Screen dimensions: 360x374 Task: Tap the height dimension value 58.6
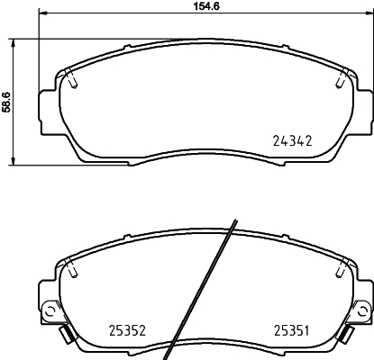[x=6, y=102]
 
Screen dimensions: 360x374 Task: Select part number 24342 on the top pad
[x=291, y=141]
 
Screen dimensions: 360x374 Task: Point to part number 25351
[x=292, y=331]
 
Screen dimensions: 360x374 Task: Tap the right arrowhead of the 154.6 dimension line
[x=368, y=17]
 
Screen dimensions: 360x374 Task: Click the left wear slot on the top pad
[x=73, y=82]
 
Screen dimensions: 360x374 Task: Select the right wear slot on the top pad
[x=339, y=82]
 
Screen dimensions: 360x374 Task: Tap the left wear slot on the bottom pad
[x=68, y=269]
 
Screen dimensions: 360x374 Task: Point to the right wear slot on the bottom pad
[x=343, y=269]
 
